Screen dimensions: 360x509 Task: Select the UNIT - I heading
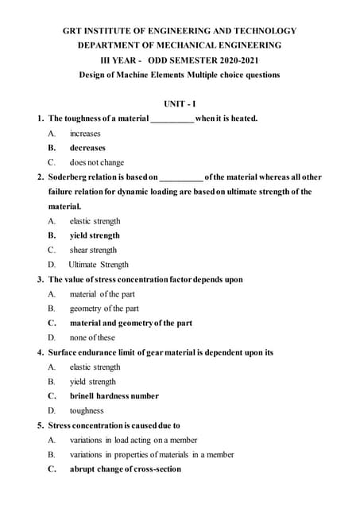point(180,103)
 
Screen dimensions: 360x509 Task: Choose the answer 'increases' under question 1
point(85,133)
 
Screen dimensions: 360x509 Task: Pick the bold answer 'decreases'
point(87,148)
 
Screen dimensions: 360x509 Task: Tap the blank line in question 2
point(181,177)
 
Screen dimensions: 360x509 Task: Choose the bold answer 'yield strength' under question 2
point(95,235)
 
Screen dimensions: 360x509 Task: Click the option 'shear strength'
point(93,250)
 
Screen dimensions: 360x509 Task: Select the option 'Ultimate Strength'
point(99,264)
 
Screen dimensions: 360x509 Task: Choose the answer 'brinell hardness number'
point(114,395)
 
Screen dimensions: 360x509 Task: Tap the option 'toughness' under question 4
point(87,410)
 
